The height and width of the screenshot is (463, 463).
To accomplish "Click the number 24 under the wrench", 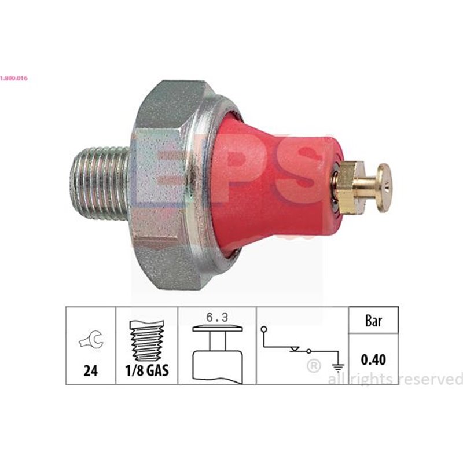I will (x=90, y=370).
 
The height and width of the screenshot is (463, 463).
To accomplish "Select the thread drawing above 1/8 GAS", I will (x=146, y=340).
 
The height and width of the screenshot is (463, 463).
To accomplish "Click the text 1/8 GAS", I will (x=146, y=370).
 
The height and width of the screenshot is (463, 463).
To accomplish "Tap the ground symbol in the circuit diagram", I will (x=337, y=365).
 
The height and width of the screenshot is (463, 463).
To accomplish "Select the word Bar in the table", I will (x=373, y=322).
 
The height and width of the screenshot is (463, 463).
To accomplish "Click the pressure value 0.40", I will (x=373, y=359).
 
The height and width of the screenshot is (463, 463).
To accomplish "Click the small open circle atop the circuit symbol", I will (x=264, y=329).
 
